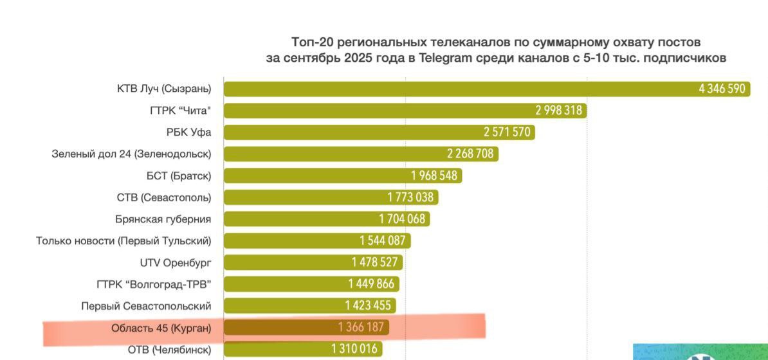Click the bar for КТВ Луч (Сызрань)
click(450, 89)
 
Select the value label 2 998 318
click(558, 111)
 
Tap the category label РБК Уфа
click(188, 132)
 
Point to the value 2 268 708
click(470, 154)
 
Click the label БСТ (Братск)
click(178, 175)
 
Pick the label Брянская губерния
click(163, 219)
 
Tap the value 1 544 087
click(383, 241)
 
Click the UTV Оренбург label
click(175, 262)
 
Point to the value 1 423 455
click(368, 306)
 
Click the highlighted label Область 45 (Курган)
click(161, 328)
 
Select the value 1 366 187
click(361, 328)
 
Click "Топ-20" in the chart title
click(313, 42)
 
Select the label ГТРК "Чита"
click(180, 111)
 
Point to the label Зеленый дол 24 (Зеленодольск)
click(131, 154)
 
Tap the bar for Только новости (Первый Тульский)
click(289, 241)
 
